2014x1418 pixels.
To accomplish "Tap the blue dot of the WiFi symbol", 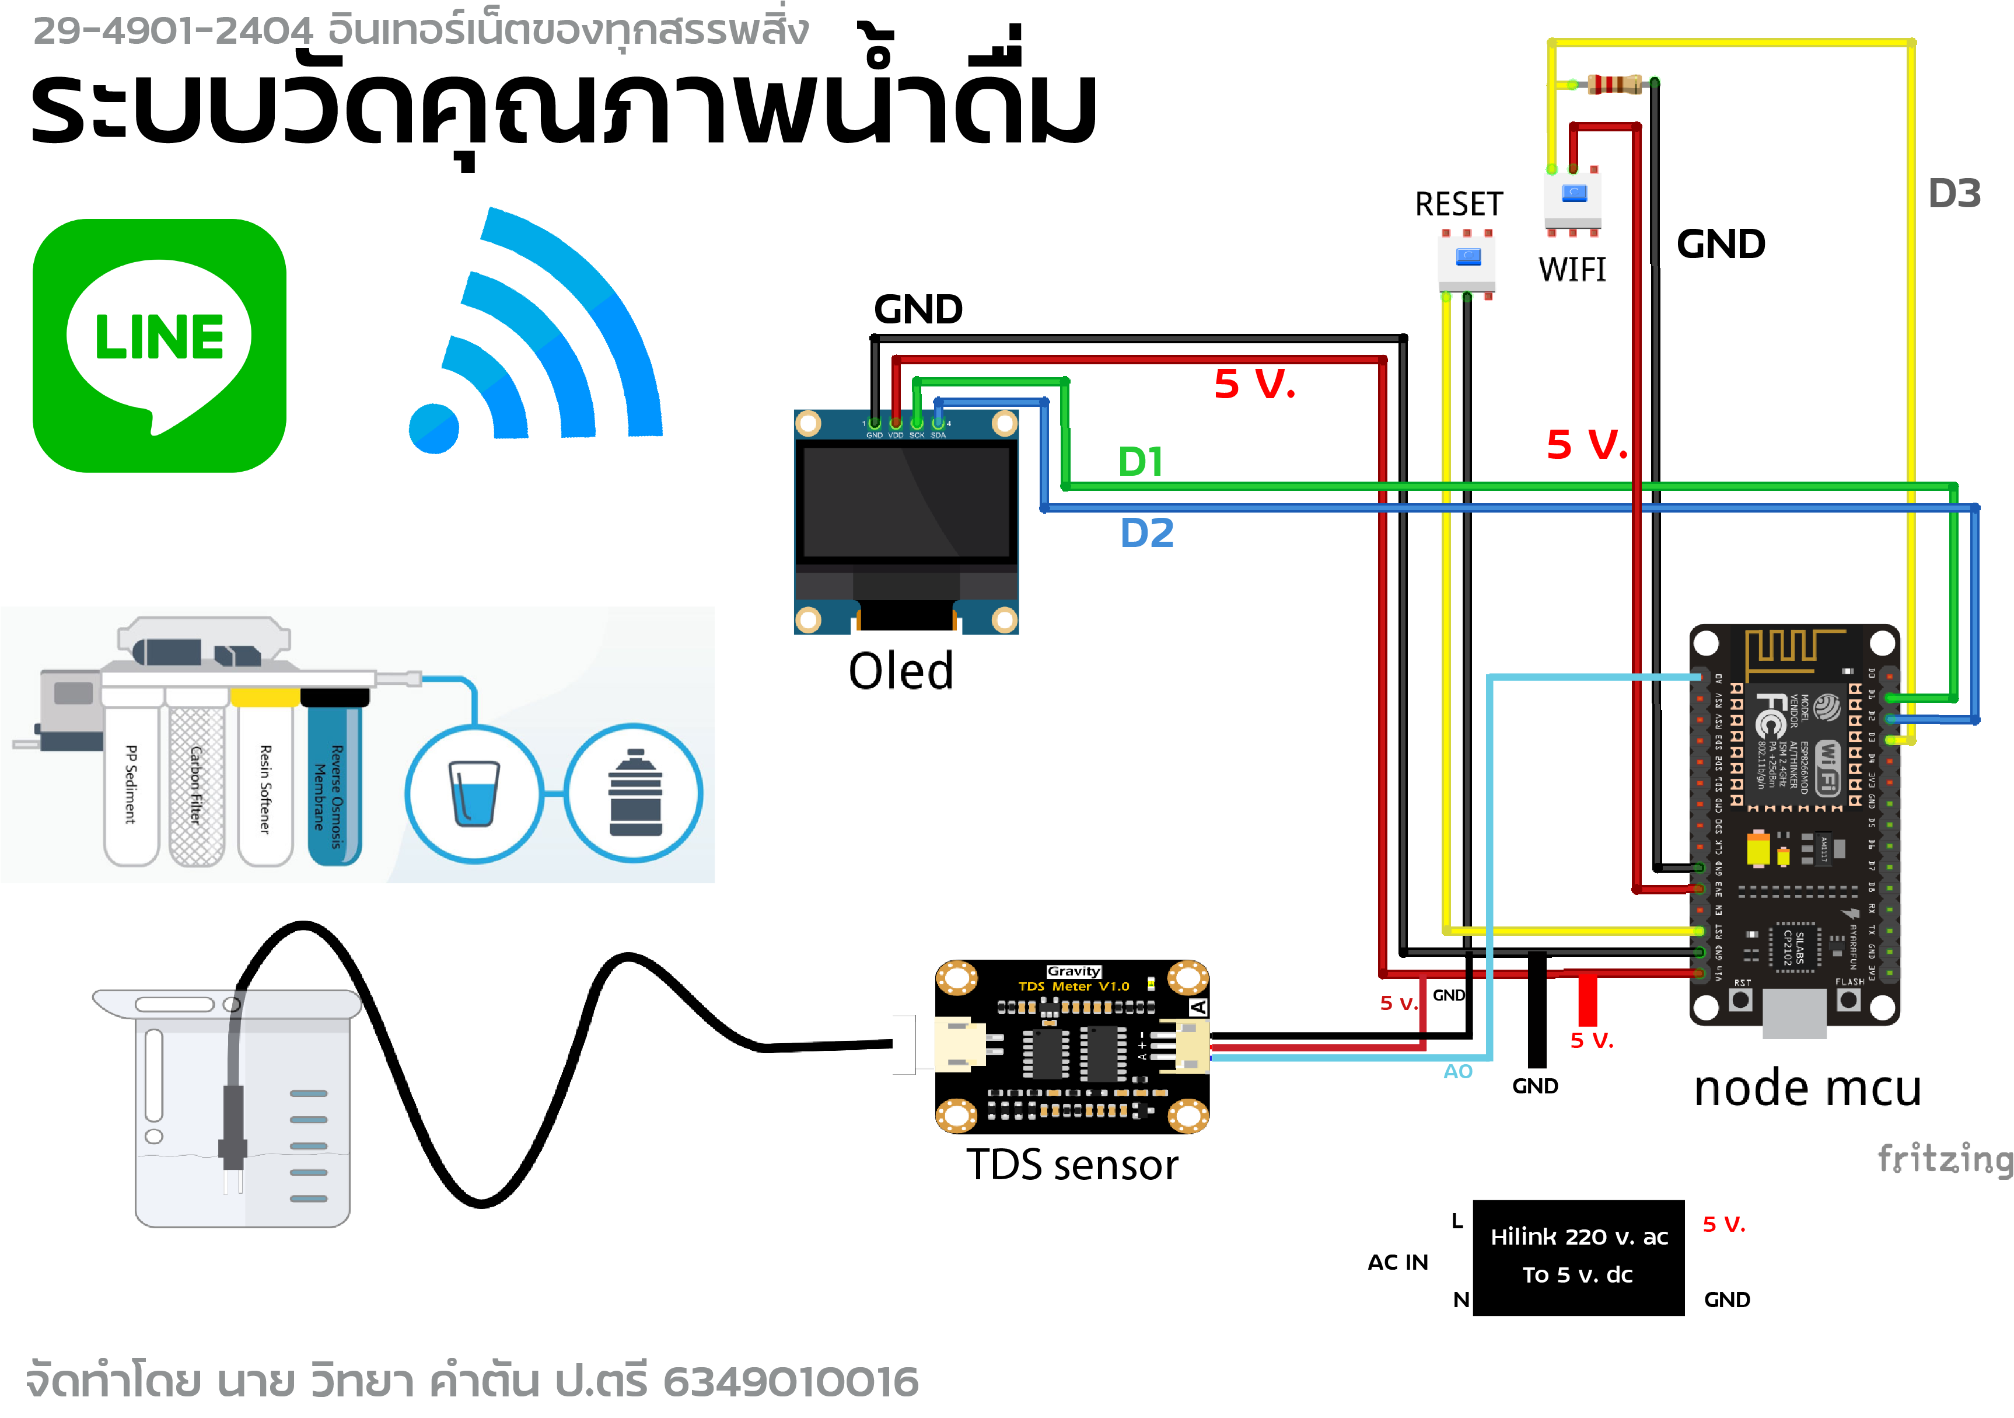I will click(x=434, y=429).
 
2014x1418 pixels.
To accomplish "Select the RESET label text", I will click(x=1458, y=204).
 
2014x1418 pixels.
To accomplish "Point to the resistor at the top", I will click(x=1615, y=84).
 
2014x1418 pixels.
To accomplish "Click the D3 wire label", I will click(x=1954, y=193).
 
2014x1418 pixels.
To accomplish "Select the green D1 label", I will click(x=1141, y=462).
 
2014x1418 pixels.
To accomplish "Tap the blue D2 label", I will click(x=1146, y=532).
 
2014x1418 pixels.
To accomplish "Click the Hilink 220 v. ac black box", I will click(x=1578, y=1256).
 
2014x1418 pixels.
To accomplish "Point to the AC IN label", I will click(x=1397, y=1262).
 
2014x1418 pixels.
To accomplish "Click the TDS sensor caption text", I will click(x=1072, y=1165).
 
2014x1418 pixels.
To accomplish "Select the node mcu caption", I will click(x=1807, y=1088).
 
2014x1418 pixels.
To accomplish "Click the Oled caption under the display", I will click(x=901, y=671).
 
